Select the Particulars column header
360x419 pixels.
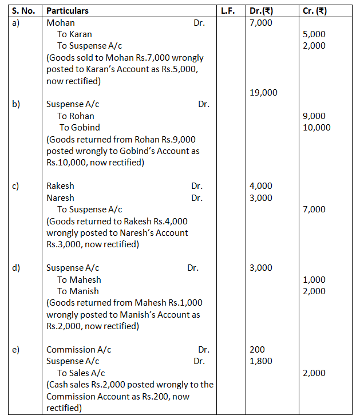[x=68, y=11]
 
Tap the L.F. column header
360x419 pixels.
[x=231, y=11]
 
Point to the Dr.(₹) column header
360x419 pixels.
[x=262, y=11]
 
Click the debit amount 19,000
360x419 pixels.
[x=264, y=93]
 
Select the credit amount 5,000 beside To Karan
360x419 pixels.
[x=314, y=34]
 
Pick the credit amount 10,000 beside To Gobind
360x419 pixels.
[x=317, y=128]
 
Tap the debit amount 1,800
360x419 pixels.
[x=261, y=361]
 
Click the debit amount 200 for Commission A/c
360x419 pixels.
[x=258, y=350]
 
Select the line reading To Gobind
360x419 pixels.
[x=80, y=128]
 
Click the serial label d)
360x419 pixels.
[x=17, y=268]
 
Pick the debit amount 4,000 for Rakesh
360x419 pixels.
[x=261, y=186]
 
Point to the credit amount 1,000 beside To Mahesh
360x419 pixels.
[x=314, y=280]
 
